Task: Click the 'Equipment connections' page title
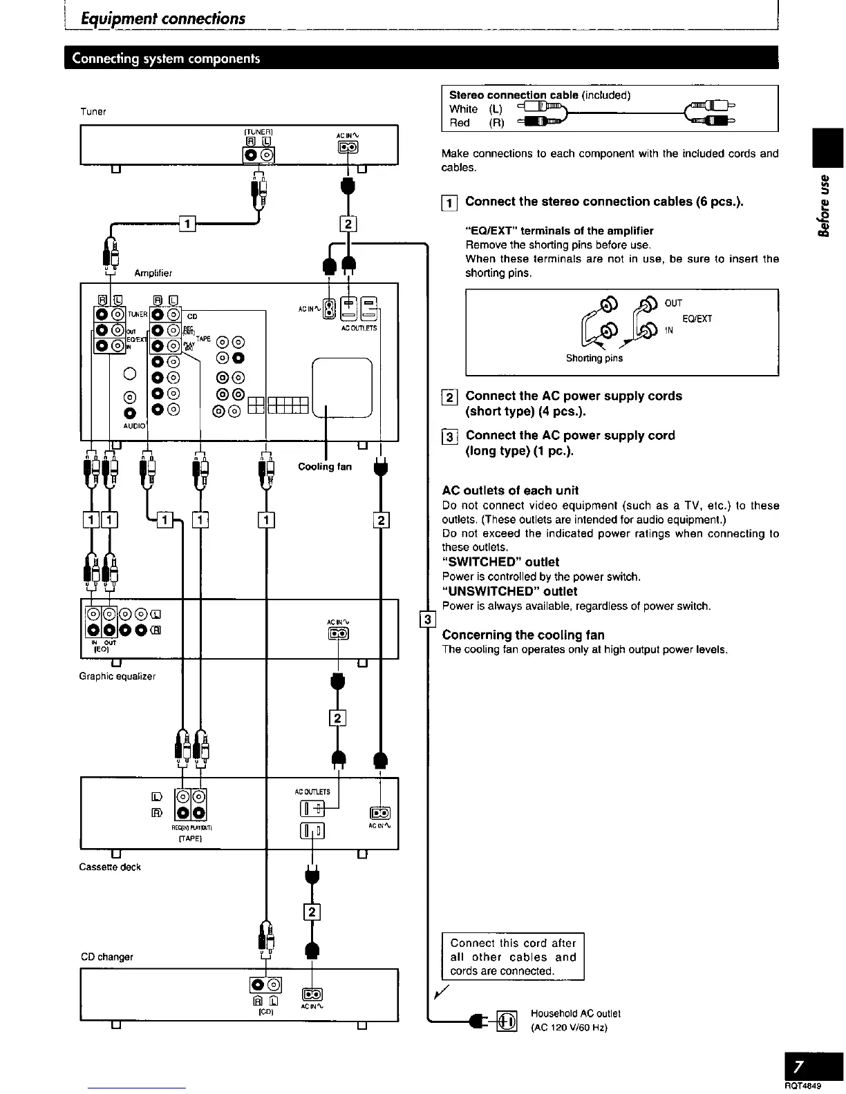163,19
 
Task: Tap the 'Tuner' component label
93,111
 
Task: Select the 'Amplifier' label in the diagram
153,273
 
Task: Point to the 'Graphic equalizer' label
117,676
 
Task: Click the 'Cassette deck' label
111,867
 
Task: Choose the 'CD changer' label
106,957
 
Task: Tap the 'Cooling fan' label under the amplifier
324,467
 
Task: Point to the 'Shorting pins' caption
594,358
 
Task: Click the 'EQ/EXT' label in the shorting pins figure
697,318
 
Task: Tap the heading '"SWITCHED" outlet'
500,562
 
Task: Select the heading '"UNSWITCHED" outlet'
509,591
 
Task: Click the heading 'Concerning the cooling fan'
523,635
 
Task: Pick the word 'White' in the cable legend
463,109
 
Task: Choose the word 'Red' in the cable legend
460,123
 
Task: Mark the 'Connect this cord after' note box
513,957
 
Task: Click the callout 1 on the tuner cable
187,223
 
